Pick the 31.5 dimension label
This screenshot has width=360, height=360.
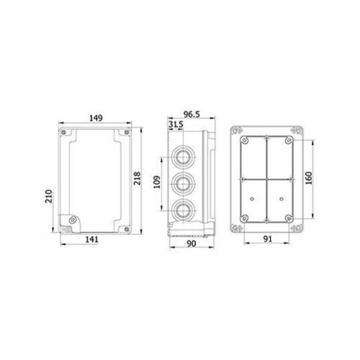[178, 124]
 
